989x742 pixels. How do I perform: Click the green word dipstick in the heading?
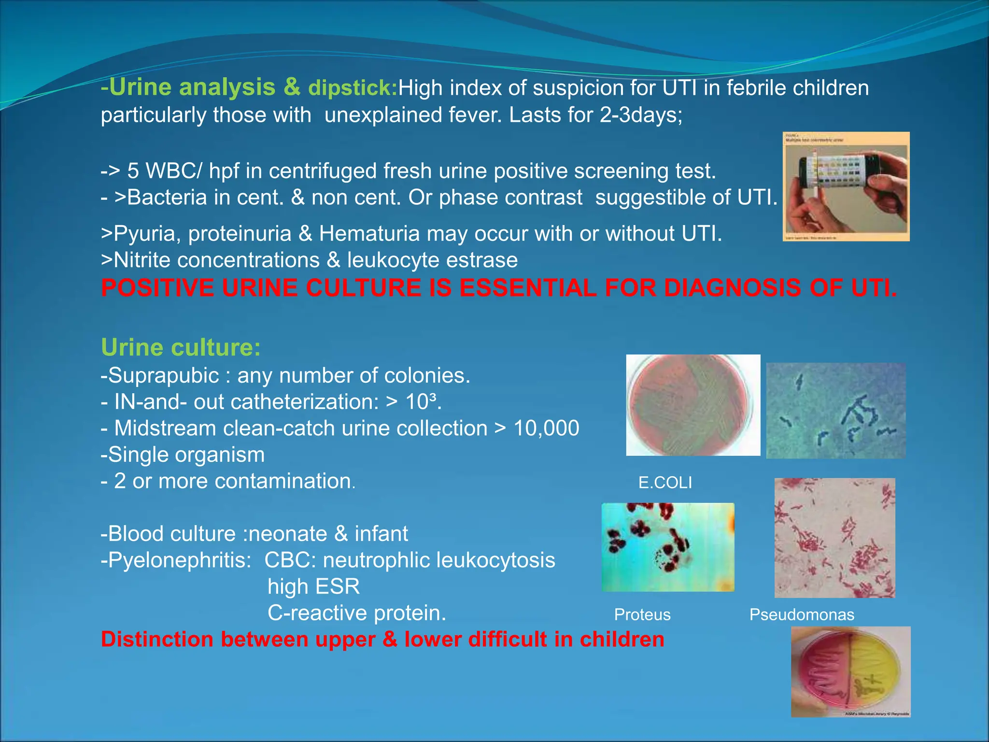pos(352,88)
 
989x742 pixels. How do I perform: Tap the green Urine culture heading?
pos(181,348)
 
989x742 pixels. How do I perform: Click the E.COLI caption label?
pos(665,483)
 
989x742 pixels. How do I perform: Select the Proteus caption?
pos(642,614)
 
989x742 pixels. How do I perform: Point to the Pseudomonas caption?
pos(802,614)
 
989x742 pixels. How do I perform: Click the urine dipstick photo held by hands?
pos(846,186)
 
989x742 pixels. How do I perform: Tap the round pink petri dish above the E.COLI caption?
pos(692,405)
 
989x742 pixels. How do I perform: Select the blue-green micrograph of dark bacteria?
pos(835,411)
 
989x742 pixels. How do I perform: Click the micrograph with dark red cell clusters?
pos(668,547)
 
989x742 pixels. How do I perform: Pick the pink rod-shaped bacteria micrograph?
pos(834,538)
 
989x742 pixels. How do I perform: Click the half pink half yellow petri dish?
pos(850,671)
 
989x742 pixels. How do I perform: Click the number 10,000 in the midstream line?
pos(546,428)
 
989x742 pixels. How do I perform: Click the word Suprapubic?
pos(164,376)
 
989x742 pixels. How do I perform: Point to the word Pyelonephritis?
pos(179,560)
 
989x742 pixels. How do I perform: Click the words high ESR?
pos(314,586)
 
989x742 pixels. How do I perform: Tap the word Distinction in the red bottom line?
pos(157,639)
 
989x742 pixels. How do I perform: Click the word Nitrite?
pos(141,260)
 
